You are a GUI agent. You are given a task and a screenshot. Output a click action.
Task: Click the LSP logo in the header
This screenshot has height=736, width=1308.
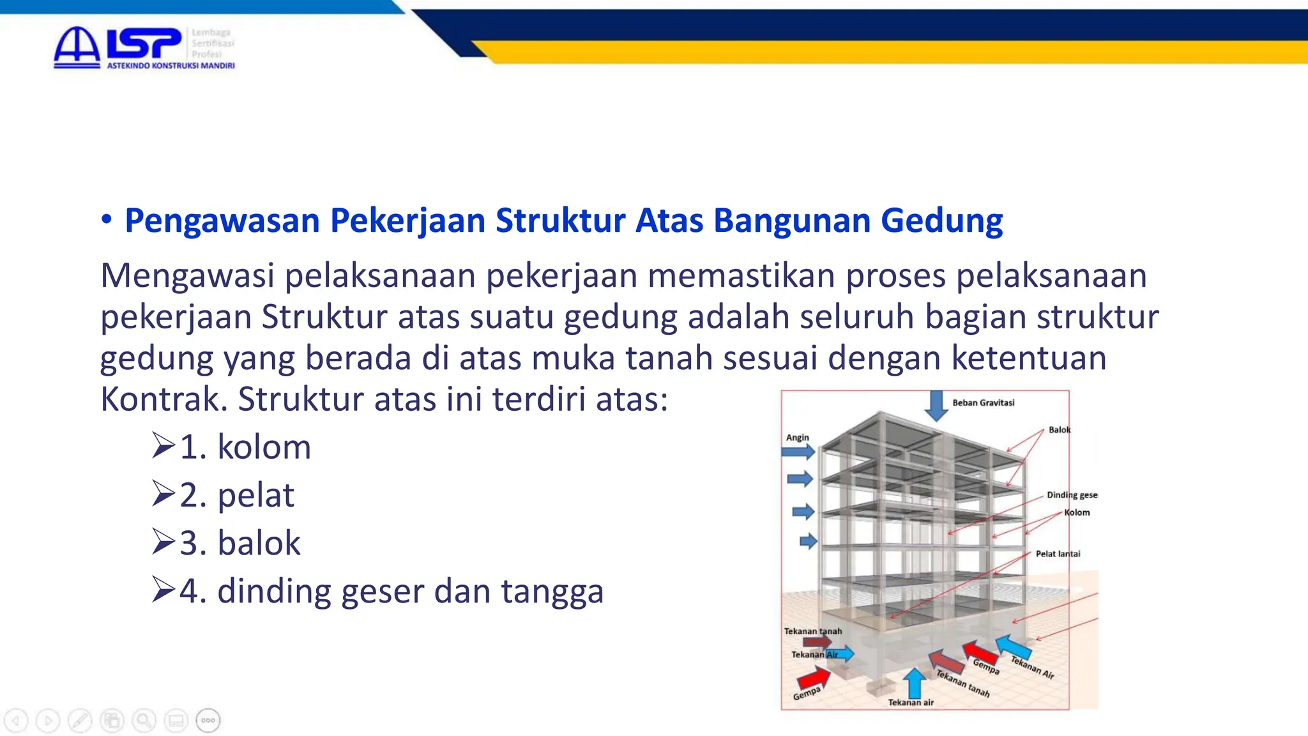(144, 47)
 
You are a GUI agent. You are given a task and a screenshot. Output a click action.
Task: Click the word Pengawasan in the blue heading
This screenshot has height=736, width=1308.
(222, 221)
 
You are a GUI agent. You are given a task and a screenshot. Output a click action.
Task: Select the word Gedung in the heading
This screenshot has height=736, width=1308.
(941, 221)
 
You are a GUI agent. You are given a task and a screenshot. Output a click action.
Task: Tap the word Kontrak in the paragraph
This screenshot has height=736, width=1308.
(160, 399)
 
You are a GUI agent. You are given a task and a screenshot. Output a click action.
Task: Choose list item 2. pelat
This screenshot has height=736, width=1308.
(236, 495)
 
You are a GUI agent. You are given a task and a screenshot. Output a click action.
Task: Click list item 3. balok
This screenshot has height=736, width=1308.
(240, 543)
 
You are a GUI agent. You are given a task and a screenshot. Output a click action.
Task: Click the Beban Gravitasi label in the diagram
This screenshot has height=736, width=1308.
(983, 402)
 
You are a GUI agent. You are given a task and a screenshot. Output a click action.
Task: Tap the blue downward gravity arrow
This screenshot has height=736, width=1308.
(936, 405)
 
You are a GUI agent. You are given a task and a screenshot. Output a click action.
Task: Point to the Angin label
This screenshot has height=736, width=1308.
(797, 438)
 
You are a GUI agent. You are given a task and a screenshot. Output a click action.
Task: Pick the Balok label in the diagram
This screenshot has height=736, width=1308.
(1060, 430)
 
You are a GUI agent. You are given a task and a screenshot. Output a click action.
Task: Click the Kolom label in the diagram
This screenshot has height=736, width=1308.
(1077, 512)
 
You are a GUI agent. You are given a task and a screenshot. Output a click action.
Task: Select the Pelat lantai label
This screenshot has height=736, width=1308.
(1058, 554)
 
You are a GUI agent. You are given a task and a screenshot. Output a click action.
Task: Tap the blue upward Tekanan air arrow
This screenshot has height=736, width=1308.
(915, 682)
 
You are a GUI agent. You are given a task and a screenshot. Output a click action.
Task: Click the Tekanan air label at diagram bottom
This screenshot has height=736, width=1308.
(911, 703)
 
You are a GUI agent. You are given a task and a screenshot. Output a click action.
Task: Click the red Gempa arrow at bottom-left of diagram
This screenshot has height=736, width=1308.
(812, 677)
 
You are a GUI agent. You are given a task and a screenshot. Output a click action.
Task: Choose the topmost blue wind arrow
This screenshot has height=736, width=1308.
(798, 452)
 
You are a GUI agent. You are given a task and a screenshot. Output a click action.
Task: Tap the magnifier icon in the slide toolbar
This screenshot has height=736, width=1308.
(144, 721)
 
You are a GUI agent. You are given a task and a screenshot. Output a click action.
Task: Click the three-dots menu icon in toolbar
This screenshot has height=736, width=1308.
(208, 721)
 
